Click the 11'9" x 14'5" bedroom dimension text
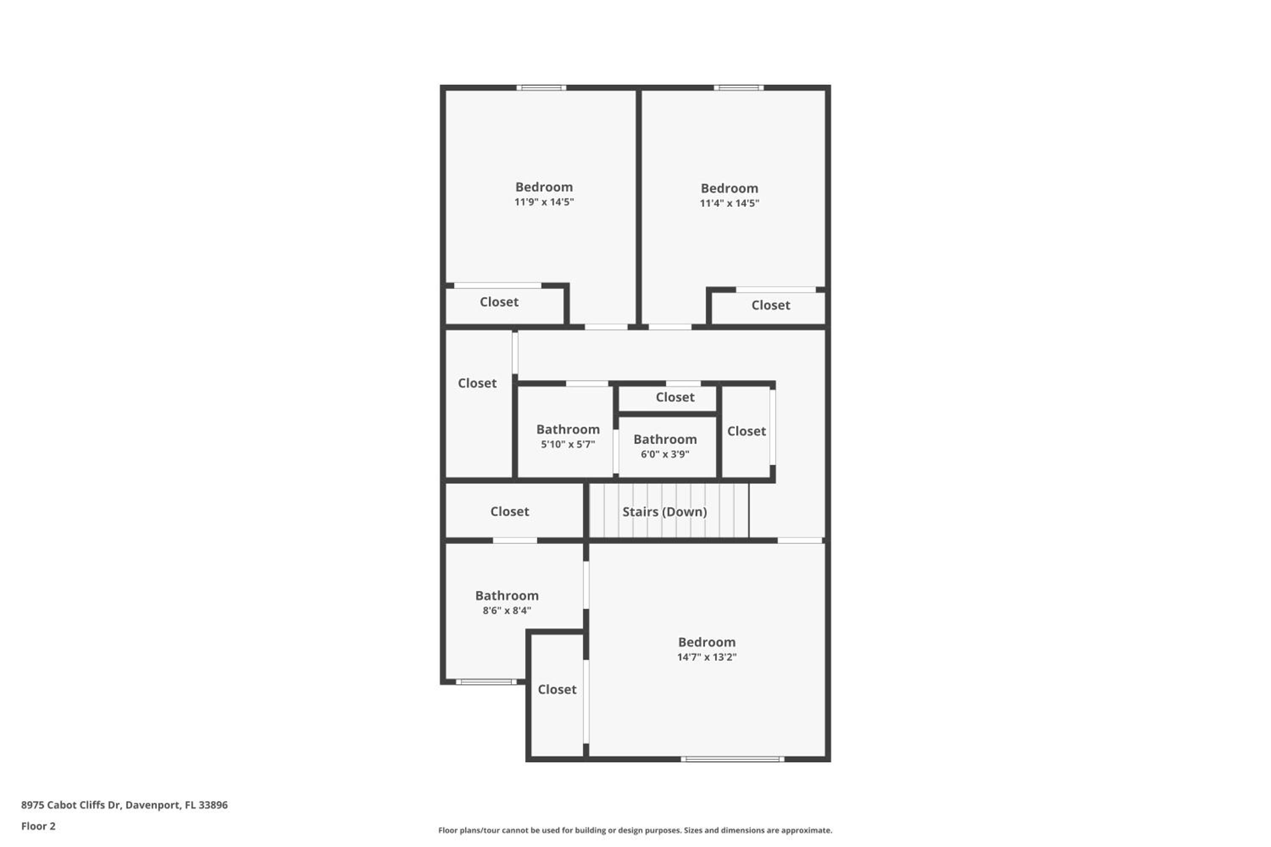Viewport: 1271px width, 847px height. click(x=544, y=202)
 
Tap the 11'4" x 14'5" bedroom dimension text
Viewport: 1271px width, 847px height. click(x=729, y=203)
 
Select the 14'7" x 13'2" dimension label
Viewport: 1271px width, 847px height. click(x=707, y=657)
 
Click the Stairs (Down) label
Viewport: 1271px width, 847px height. click(x=665, y=512)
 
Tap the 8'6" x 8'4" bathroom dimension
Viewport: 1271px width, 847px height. click(x=507, y=610)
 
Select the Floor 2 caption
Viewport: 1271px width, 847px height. click(x=39, y=826)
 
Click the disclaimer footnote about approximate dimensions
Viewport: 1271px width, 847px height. click(x=635, y=830)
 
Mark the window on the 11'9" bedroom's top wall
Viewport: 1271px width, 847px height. click(x=541, y=88)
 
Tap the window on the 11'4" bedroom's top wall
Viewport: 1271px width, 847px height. click(x=739, y=88)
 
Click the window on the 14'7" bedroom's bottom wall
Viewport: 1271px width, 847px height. click(x=732, y=759)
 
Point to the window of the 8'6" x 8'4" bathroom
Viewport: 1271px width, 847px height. click(x=486, y=682)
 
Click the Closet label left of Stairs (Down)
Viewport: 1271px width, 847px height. click(x=510, y=511)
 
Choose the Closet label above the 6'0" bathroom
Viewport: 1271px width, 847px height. click(x=675, y=397)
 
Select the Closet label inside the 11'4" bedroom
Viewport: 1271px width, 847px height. click(x=771, y=305)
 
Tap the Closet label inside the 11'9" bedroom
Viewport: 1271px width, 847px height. click(x=499, y=302)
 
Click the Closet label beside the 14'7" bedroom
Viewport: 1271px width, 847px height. click(x=557, y=689)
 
